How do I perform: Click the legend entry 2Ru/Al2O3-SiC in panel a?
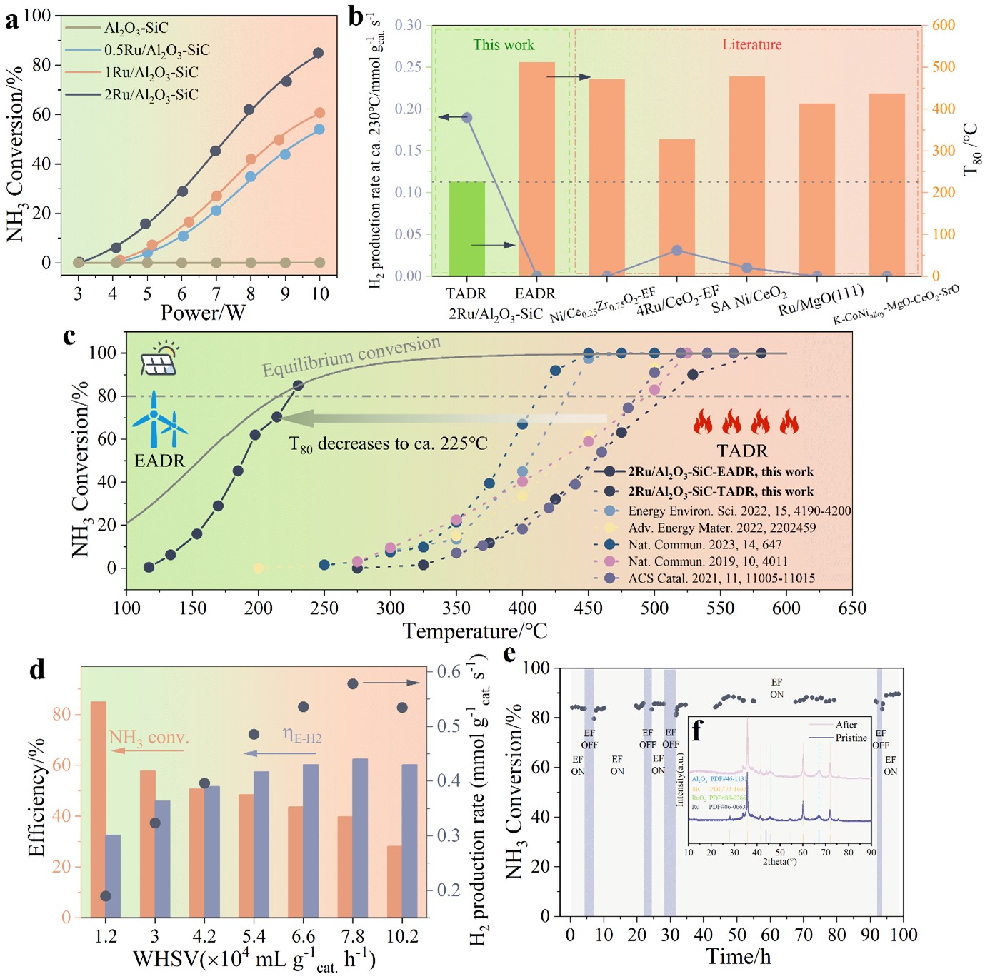[x=151, y=94]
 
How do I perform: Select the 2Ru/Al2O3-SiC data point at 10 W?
[x=319, y=53]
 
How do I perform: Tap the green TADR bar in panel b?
[x=466, y=229]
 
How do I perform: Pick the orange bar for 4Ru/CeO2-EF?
[x=676, y=207]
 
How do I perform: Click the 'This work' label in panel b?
[x=503, y=45]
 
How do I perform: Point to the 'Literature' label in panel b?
[x=751, y=45]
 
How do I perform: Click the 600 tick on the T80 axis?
[x=943, y=25]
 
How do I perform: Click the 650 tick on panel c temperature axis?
[x=852, y=608]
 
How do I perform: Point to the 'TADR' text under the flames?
[x=743, y=451]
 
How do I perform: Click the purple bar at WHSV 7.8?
[x=361, y=838]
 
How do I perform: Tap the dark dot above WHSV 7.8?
[x=352, y=684]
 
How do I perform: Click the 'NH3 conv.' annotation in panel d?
[x=149, y=738]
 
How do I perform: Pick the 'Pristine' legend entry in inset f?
[x=851, y=738]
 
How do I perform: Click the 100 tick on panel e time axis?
[x=904, y=935]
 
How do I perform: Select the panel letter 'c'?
[x=69, y=336]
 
